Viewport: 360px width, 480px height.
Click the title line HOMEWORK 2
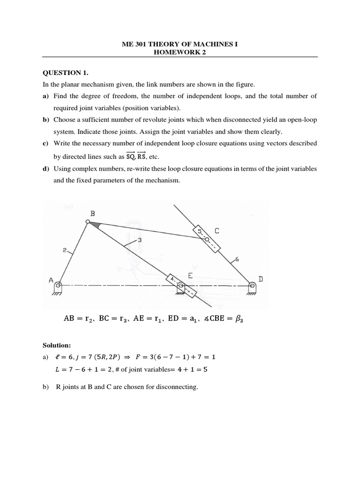pos(180,52)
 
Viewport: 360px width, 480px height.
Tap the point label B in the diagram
pos(92,213)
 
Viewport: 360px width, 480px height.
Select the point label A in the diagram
pos(51,280)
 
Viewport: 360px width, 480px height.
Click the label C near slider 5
pos(217,231)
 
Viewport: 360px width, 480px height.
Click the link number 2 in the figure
pos(64,251)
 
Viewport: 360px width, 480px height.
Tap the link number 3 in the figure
pos(139,240)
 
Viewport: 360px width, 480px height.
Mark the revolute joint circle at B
pos(88,222)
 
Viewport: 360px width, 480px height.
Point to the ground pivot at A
pos(57,286)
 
